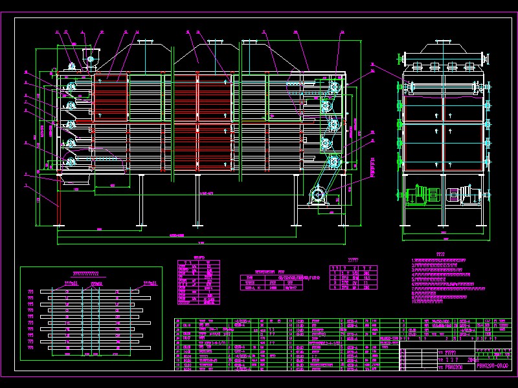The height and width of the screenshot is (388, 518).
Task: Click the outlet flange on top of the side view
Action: [444, 44]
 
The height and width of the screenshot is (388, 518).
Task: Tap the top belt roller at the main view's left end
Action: [69, 85]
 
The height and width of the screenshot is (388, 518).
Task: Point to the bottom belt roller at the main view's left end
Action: [69, 158]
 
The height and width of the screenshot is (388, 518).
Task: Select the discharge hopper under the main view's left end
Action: [74, 178]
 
